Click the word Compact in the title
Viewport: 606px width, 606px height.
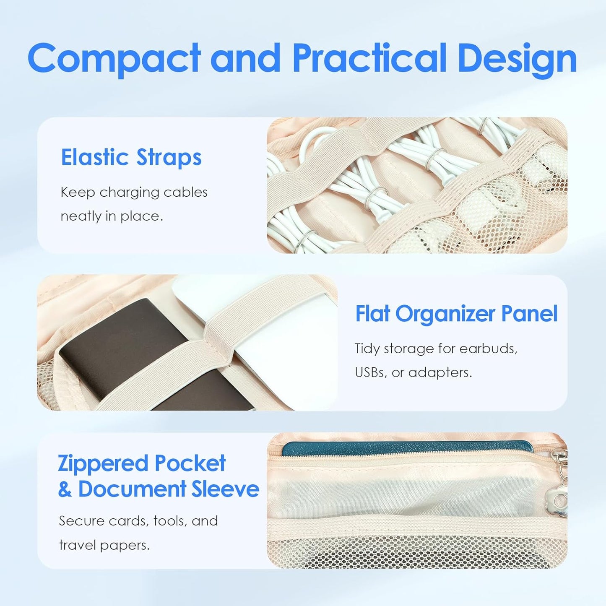pyautogui.click(x=114, y=59)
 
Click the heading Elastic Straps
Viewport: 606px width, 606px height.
pyautogui.click(x=131, y=157)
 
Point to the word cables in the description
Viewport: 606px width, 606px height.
pyautogui.click(x=185, y=192)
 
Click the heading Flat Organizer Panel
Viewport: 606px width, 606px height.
pyautogui.click(x=456, y=314)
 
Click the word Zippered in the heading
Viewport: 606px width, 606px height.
pyautogui.click(x=103, y=464)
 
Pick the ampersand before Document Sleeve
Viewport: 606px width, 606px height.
pyautogui.click(x=65, y=489)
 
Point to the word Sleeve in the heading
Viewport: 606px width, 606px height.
pyautogui.click(x=225, y=489)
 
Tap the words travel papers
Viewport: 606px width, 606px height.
pyautogui.click(x=104, y=545)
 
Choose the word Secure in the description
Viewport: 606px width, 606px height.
pyautogui.click(x=81, y=521)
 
